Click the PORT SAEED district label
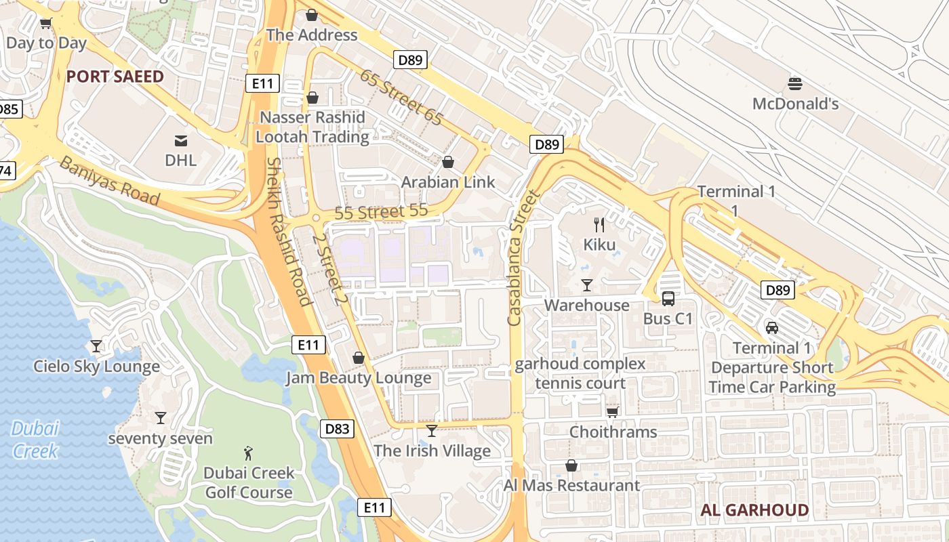tap(115, 77)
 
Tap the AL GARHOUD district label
tap(754, 510)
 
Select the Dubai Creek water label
tap(35, 439)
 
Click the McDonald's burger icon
tap(795, 84)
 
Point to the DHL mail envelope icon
tap(181, 141)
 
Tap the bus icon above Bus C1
tap(668, 298)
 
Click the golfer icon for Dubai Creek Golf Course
tap(249, 453)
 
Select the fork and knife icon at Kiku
tap(599, 224)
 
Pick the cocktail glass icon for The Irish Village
tap(432, 430)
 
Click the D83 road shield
tap(337, 428)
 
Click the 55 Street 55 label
tap(381, 212)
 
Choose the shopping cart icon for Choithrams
tap(612, 412)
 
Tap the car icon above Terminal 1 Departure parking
tap(771, 328)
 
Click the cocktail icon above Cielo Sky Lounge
tap(96, 346)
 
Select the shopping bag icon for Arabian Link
tap(448, 162)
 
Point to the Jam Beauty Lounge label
tap(359, 378)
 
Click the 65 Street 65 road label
tap(401, 98)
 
